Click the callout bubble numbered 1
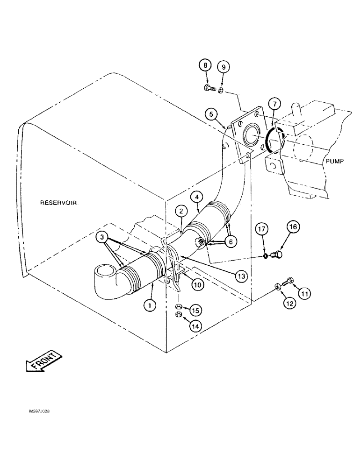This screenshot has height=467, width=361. click(x=149, y=305)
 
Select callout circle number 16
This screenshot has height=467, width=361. click(x=293, y=228)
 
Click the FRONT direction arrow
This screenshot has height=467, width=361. click(x=42, y=361)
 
